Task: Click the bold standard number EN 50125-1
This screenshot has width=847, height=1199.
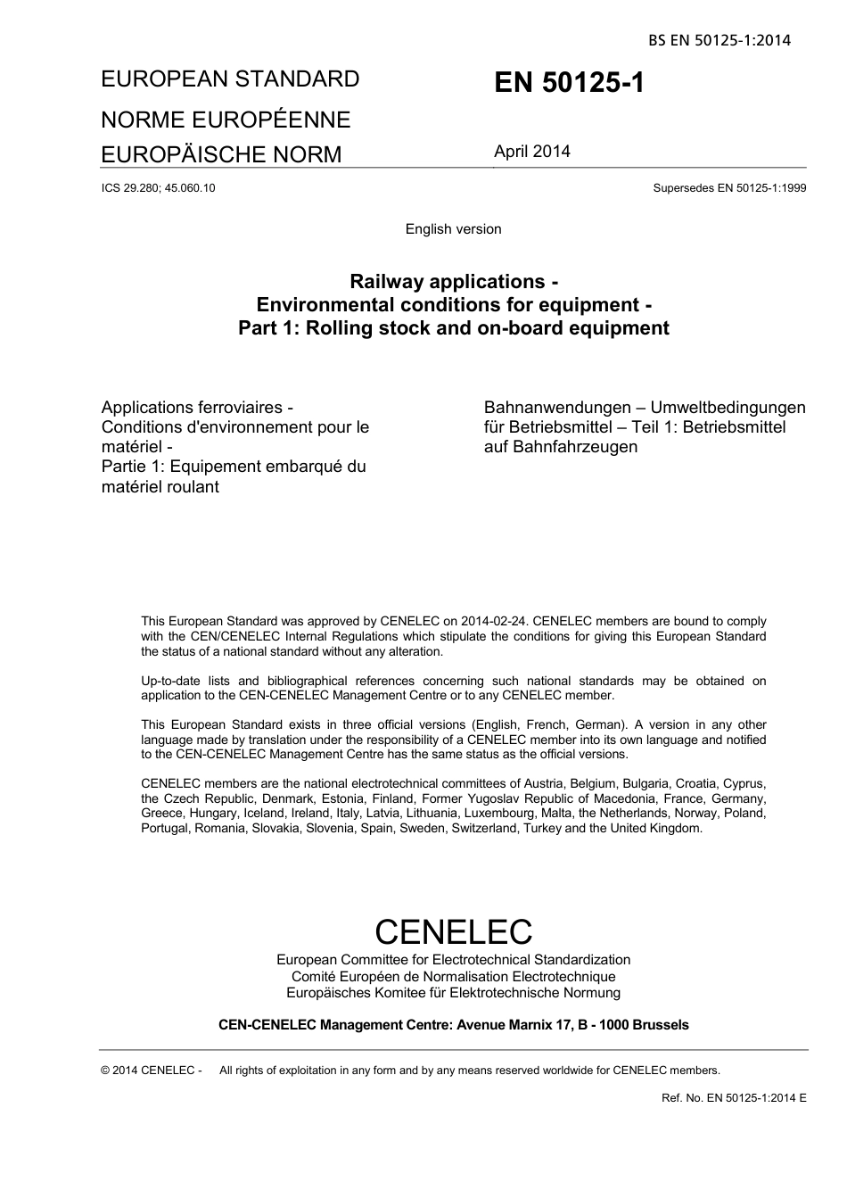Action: click(568, 83)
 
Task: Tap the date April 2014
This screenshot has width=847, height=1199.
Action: click(531, 152)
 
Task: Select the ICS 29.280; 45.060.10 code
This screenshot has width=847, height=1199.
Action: click(158, 188)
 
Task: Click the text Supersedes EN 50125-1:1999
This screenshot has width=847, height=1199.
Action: click(729, 188)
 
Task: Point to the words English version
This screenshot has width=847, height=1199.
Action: click(453, 229)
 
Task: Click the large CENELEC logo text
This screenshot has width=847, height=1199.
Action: click(453, 931)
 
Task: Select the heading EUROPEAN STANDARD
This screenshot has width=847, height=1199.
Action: click(230, 79)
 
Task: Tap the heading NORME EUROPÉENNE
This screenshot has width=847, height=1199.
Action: click(226, 120)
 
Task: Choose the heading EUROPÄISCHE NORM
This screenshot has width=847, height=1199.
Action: click(221, 154)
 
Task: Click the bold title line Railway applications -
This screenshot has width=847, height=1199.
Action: click(453, 282)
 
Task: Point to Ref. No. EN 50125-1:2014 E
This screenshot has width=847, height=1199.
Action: click(734, 1098)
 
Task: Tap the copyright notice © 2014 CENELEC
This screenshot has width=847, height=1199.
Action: click(152, 1071)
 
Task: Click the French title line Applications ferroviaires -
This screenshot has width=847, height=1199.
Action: click(204, 408)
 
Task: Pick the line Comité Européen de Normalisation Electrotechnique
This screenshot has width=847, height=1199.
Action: click(453, 977)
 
